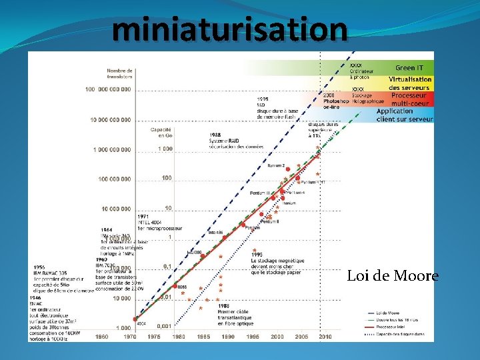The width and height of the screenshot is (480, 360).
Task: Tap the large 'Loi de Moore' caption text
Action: pos(393,276)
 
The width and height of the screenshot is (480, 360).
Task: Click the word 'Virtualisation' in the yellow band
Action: pos(411,79)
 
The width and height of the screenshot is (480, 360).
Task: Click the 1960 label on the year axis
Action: pos(102,337)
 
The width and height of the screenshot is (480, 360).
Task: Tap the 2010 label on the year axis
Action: pos(325,337)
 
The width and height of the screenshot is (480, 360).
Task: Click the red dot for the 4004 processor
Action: pos(136,319)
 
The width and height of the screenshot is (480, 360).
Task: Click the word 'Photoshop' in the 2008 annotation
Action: pos(337,100)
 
